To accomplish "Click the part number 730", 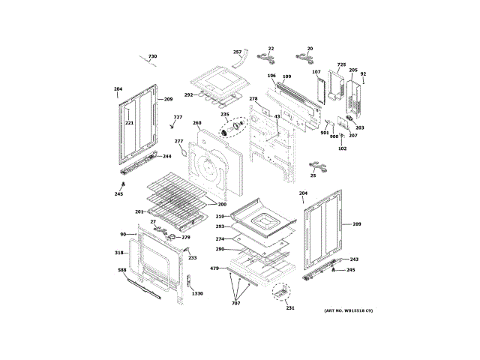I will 152,57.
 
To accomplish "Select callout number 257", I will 237,52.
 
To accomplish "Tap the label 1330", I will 196,293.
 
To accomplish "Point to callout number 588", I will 122,280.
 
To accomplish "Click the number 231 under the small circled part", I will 290,308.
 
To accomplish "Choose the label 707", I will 235,302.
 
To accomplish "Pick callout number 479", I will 214,268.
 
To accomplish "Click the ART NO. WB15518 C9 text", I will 348,310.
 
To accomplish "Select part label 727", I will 178,117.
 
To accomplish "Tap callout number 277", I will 178,141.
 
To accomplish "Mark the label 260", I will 196,123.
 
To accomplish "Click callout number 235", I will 224,114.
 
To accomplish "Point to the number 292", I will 188,95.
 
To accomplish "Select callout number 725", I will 341,64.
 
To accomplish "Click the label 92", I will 363,73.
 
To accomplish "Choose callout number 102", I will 342,148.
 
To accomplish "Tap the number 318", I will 118,253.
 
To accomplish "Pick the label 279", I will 185,238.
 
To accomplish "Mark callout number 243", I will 354,259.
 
